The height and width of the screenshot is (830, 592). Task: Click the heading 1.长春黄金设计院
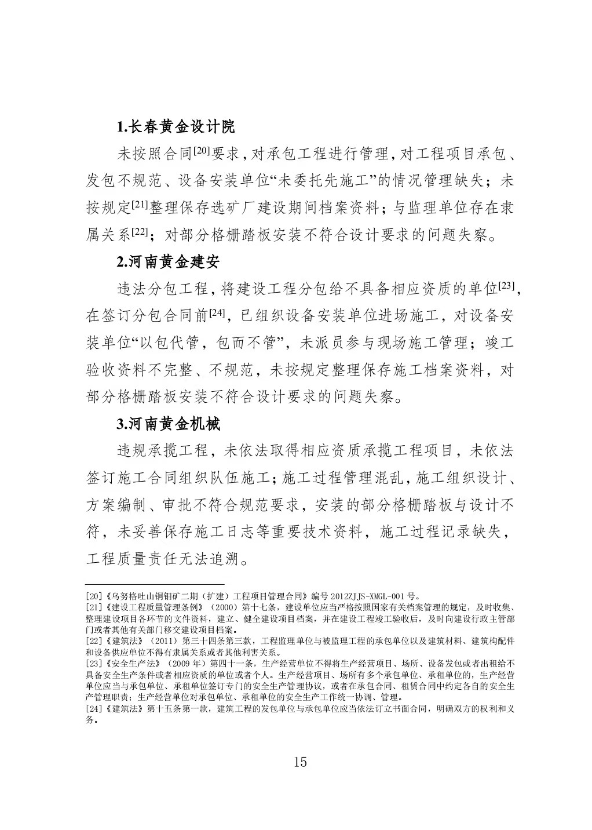coord(176,127)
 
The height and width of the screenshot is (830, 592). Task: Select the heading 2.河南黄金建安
coord(168,261)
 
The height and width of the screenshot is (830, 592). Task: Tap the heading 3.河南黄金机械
coord(168,424)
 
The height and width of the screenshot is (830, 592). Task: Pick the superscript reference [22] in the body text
coord(141,232)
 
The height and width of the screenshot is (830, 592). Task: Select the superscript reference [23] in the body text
coord(507,286)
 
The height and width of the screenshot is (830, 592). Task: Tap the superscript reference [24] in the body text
coord(217,313)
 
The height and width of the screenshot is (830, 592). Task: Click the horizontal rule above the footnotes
coord(155,585)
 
